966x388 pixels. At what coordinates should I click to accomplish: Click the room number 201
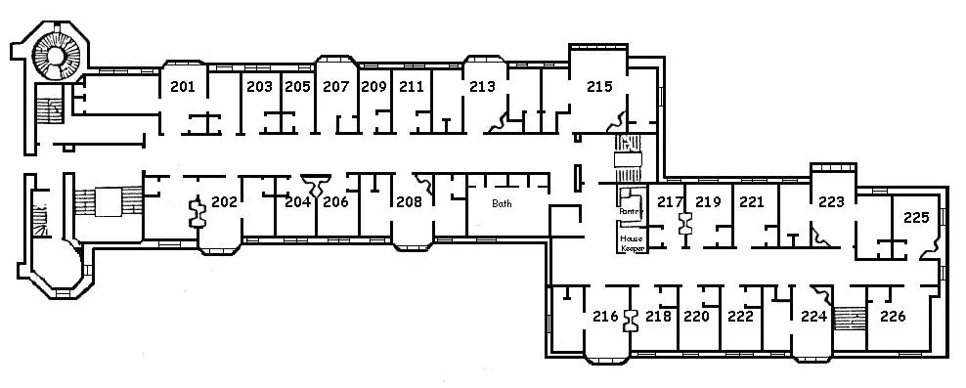coord(183,87)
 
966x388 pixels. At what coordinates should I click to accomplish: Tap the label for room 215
coord(599,87)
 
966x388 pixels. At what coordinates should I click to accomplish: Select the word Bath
coord(502,203)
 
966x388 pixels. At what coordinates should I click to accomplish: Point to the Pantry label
coord(631,211)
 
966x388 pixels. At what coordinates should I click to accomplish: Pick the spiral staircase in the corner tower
coord(56,56)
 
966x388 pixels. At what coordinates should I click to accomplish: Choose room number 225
coord(916,217)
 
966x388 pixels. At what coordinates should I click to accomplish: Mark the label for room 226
coord(893,317)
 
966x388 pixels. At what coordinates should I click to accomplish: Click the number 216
coord(605,317)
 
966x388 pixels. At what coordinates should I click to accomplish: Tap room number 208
coord(409,201)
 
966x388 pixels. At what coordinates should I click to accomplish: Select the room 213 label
coord(482,87)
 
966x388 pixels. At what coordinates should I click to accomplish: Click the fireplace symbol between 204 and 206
coord(316,185)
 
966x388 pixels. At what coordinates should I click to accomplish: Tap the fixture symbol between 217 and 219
coord(684,223)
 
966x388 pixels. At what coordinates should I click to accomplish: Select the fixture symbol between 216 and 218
coord(632,320)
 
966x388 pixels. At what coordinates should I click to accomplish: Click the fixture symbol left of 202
coord(198,213)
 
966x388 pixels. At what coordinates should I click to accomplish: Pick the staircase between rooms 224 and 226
coord(850,319)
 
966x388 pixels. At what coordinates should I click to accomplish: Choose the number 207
coord(335,87)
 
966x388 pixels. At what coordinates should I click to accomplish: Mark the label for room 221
coord(751,201)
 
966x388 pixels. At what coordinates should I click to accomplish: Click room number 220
coord(697,317)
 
